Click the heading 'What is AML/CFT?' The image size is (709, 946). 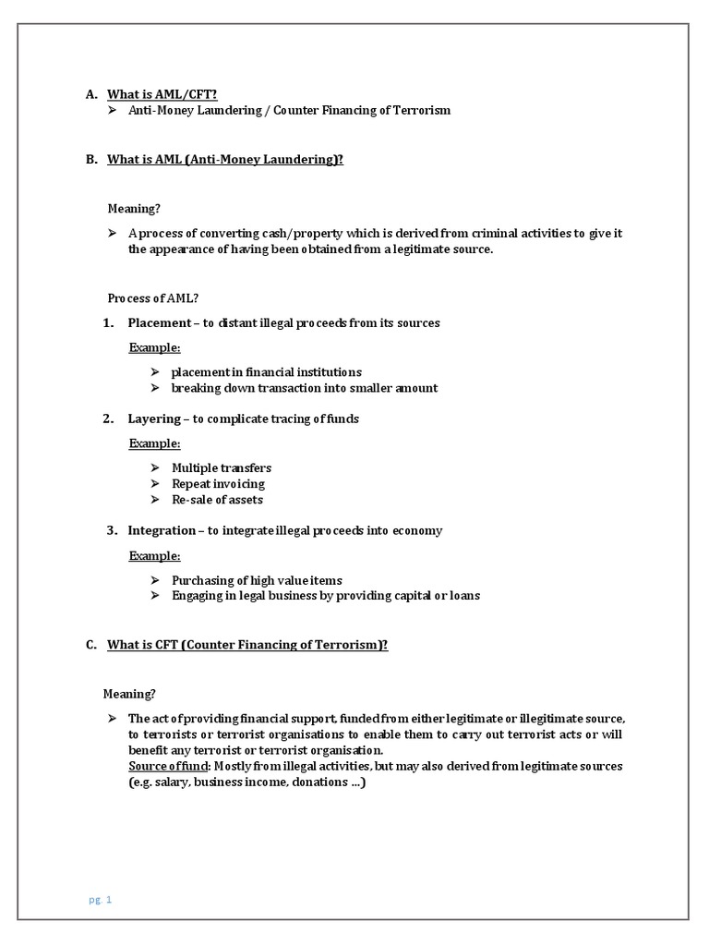pos(162,94)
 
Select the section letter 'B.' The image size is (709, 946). pos(91,159)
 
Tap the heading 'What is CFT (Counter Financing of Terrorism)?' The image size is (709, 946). pos(247,645)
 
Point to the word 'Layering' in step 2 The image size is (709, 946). pos(154,418)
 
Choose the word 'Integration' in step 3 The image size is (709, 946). pos(162,530)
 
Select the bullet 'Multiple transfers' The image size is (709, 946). pos(222,467)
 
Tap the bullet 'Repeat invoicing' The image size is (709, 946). pos(218,483)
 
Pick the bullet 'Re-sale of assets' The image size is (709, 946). pos(217,499)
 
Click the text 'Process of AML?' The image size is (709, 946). pos(153,297)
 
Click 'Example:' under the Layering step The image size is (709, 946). pos(154,443)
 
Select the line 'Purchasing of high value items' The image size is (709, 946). pos(257,580)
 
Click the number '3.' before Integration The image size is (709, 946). pos(111,530)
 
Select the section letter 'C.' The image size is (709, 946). pos(91,645)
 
